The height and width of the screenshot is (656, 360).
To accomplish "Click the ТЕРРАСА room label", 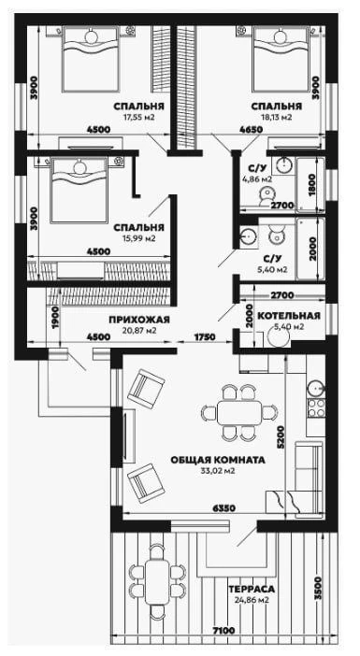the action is click(x=252, y=589).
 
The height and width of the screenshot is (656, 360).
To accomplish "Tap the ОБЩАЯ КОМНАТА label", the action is click(x=218, y=460).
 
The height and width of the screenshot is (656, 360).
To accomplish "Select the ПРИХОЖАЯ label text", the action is click(x=139, y=320).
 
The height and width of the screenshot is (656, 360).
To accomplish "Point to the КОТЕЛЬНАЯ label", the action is click(x=289, y=316).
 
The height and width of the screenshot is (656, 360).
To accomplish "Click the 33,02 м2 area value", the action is click(x=218, y=471).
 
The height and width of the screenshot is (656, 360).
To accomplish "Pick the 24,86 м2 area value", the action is click(x=252, y=600).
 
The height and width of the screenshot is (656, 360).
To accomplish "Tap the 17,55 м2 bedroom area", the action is click(x=138, y=117).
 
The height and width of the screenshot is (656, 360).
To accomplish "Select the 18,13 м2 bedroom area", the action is click(x=276, y=117).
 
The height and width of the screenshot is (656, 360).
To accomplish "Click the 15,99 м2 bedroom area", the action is click(x=139, y=238).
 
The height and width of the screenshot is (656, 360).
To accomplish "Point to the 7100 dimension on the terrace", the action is click(x=223, y=630).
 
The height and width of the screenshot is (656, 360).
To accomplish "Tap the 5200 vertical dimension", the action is click(x=281, y=437).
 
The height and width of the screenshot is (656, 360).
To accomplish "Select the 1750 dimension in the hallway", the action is click(x=205, y=336).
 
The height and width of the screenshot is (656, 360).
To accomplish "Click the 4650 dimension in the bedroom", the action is click(x=252, y=129).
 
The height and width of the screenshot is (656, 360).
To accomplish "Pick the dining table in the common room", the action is click(x=239, y=412).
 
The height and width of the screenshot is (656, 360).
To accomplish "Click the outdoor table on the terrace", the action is click(x=157, y=582).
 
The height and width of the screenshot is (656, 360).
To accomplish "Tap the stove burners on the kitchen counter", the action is click(x=316, y=408).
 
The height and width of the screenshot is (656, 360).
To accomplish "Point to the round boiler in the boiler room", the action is click(x=279, y=336).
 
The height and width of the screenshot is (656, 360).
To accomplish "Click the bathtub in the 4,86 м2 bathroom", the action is click(x=310, y=183).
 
